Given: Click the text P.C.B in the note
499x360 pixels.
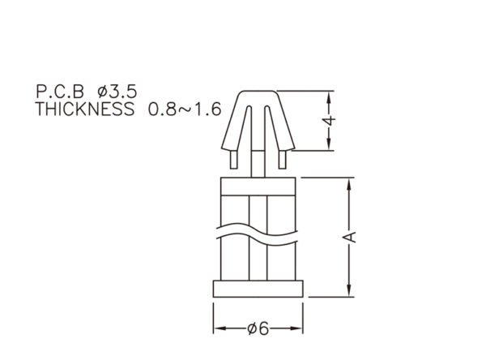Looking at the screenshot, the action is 60,92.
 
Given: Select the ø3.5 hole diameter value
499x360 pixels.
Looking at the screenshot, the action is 117,92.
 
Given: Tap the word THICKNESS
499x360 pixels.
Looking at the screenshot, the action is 84,109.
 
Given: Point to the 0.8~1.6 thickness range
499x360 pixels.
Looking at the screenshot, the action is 185,109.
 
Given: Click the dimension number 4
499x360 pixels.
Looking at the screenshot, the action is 329,121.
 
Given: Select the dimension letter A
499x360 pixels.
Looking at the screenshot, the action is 349,237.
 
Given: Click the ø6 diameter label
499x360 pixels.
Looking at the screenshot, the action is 258,328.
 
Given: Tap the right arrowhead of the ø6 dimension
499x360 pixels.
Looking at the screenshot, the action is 296,328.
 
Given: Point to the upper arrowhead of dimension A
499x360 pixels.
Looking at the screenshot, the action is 349,185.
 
